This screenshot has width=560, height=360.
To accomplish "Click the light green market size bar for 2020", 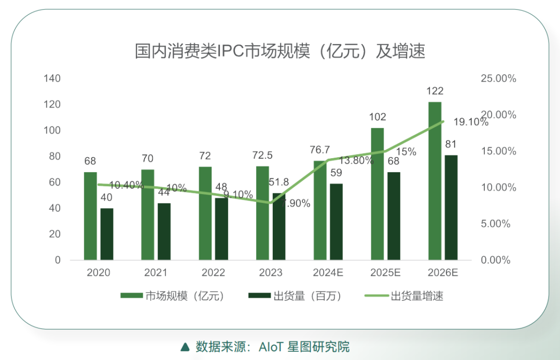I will (x=90, y=216).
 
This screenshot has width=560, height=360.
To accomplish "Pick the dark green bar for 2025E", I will (x=394, y=216).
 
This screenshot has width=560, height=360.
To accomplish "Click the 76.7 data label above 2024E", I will (x=320, y=150).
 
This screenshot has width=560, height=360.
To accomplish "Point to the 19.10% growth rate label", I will (x=471, y=123).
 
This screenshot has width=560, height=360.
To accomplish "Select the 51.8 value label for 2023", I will (x=279, y=182).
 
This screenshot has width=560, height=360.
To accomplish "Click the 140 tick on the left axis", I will (x=52, y=79).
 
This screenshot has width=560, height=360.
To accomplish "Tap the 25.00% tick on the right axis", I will (x=499, y=79).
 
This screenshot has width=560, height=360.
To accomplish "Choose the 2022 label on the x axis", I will (x=213, y=273).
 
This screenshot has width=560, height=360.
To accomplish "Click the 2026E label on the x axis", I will (x=443, y=273).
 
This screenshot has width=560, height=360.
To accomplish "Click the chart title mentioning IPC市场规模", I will (x=280, y=51).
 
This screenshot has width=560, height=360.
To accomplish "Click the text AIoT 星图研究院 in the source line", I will (x=304, y=347).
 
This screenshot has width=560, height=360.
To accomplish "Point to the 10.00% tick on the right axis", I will (x=499, y=188).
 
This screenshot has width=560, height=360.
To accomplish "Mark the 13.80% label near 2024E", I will (x=356, y=161).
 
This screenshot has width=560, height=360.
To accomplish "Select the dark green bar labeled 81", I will (x=451, y=207).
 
